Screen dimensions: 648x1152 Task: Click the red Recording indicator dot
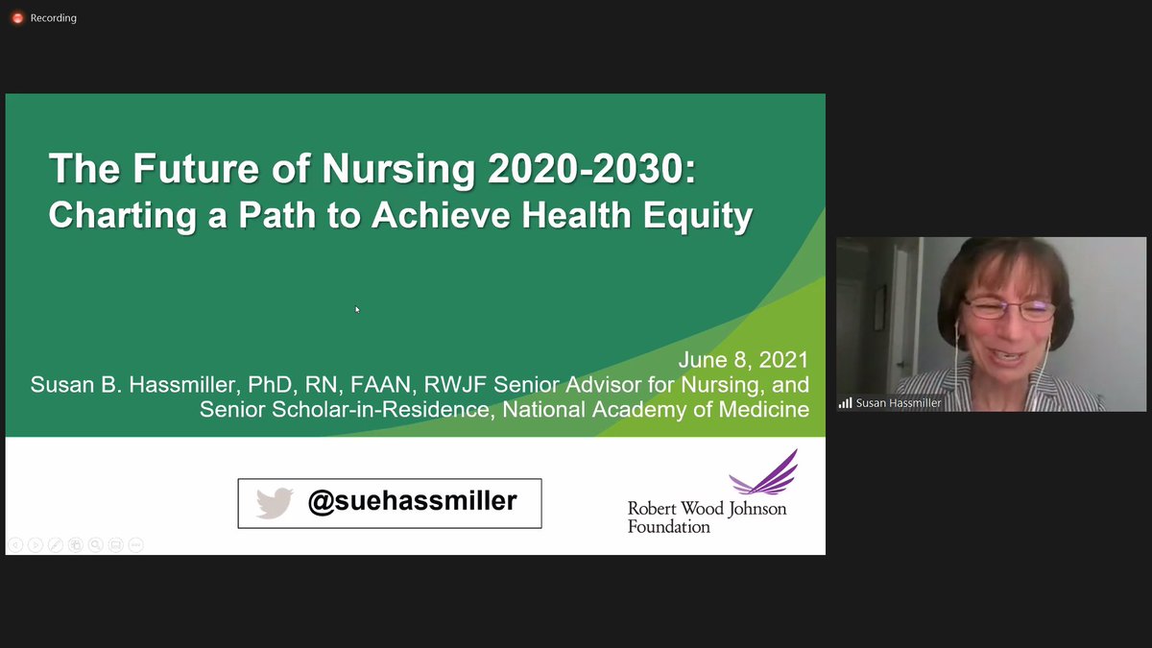click(17, 18)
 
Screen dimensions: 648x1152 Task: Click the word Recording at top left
click(54, 18)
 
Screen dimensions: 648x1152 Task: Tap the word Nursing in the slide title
click(399, 170)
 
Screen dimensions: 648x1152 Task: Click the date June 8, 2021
click(743, 361)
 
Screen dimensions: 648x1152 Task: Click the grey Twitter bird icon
click(275, 503)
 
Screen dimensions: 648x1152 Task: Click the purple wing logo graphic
click(765, 472)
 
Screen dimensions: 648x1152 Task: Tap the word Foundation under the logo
click(669, 526)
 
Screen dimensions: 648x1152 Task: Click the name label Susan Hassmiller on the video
click(900, 403)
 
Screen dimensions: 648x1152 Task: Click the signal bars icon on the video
click(845, 403)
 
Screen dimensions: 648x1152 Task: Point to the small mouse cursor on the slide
click(357, 309)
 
